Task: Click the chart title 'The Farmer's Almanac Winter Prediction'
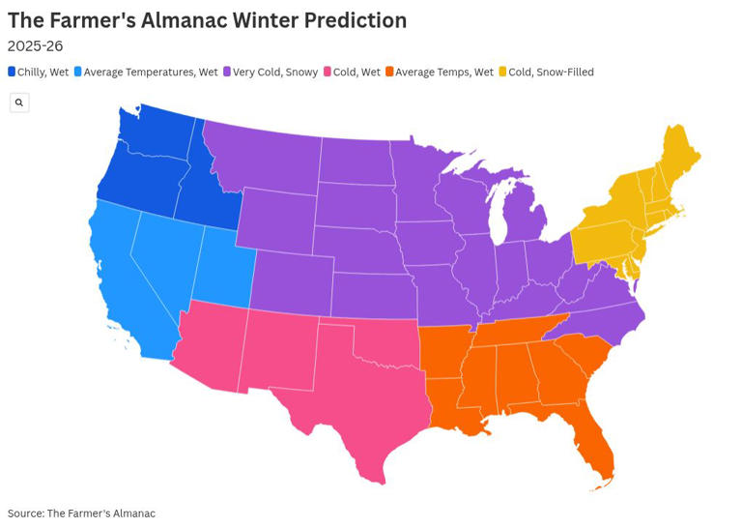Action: pos(207,20)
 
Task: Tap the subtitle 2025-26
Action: pos(35,45)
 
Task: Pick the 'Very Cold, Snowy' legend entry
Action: pos(271,72)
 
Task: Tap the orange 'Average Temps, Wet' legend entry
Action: pos(439,72)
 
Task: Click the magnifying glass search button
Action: pos(19,103)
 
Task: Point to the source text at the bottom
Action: pos(81,513)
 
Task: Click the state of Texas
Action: pos(357,396)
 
